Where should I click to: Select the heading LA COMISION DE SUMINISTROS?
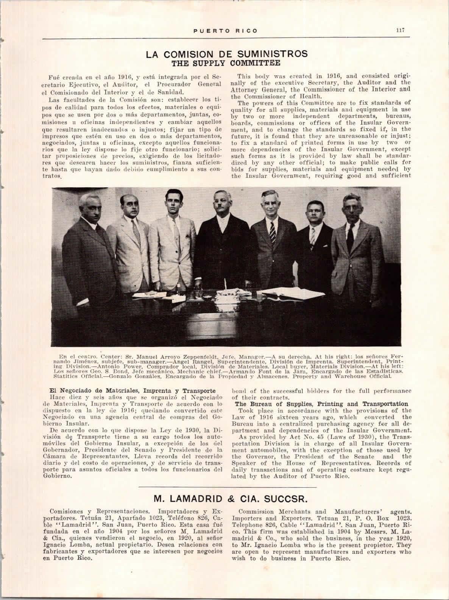click(227, 54)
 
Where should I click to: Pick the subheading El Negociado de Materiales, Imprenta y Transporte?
click(133, 390)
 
